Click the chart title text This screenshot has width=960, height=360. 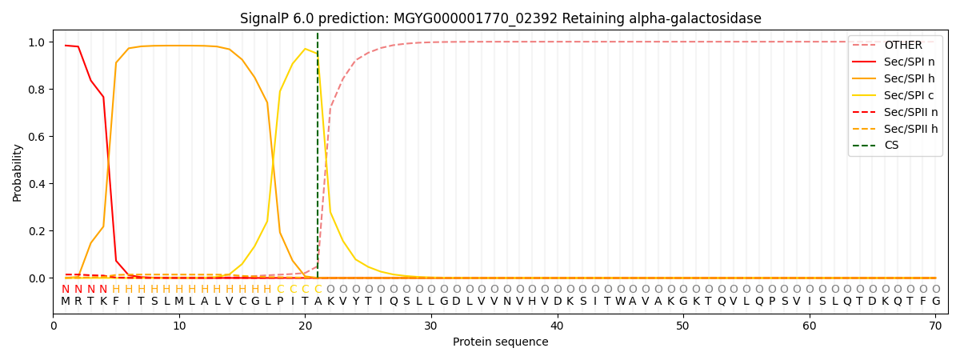[x=501, y=18]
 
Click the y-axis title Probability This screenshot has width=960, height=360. [x=18, y=173]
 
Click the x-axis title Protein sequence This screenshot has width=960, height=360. [x=501, y=342]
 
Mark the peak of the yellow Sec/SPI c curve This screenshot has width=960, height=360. [x=305, y=49]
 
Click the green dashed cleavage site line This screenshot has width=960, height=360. [x=318, y=160]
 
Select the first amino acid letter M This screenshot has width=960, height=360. [x=66, y=302]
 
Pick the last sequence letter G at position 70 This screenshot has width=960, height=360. [x=935, y=302]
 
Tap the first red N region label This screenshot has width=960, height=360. [x=66, y=289]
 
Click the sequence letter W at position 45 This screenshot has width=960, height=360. [x=620, y=302]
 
